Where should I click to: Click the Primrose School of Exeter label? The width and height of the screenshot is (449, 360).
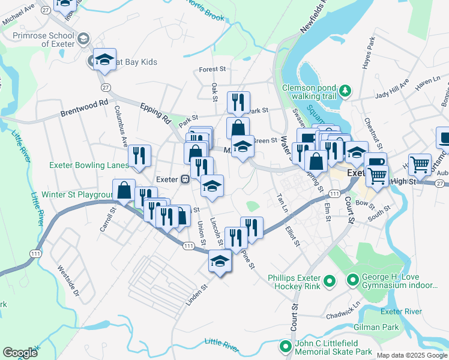point(44,40)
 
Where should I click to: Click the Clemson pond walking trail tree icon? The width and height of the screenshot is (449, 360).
point(345,91)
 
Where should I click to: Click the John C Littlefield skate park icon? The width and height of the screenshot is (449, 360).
point(286,347)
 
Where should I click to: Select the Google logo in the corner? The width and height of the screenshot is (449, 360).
point(20,353)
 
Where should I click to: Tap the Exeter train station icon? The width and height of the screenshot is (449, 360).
point(186,179)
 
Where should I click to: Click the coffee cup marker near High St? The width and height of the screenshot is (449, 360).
point(375,161)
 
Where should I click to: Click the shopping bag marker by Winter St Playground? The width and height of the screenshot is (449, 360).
point(124,190)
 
